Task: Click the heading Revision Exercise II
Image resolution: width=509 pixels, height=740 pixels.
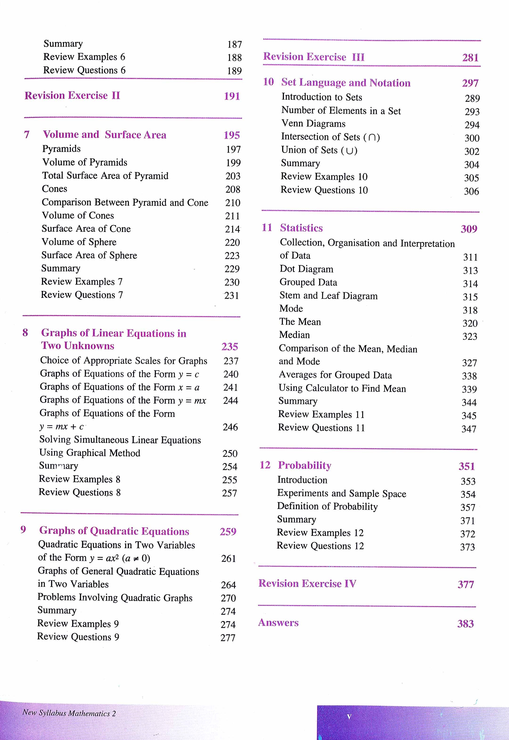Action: pyautogui.click(x=72, y=95)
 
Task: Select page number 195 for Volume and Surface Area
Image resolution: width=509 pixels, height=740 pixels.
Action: pyautogui.click(x=232, y=135)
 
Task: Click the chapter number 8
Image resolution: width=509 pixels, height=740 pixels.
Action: pyautogui.click(x=25, y=333)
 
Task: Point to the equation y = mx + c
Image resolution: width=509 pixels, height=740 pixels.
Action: pyautogui.click(x=62, y=426)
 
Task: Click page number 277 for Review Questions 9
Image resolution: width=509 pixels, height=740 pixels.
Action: pyautogui.click(x=228, y=638)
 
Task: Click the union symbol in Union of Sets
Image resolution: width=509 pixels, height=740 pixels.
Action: pyautogui.click(x=349, y=151)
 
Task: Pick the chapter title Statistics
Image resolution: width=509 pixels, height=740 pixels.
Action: pyautogui.click(x=301, y=228)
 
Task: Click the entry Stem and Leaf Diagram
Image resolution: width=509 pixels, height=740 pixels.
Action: pyautogui.click(x=328, y=296)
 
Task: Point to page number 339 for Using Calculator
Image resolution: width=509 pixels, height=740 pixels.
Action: pyautogui.click(x=469, y=389)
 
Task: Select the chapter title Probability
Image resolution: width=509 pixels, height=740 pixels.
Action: pyautogui.click(x=304, y=465)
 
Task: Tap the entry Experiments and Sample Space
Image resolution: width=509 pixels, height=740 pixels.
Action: pyautogui.click(x=341, y=493)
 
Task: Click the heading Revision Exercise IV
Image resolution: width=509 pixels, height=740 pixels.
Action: pyautogui.click(x=307, y=583)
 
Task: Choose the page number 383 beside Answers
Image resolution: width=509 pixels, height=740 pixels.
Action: pyautogui.click(x=465, y=624)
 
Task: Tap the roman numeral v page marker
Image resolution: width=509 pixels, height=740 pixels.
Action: pyautogui.click(x=349, y=717)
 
